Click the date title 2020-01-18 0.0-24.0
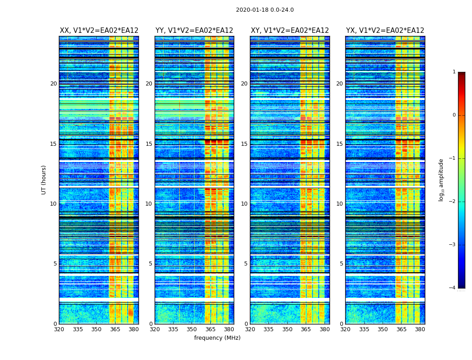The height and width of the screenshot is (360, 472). (265, 10)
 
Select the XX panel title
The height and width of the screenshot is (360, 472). (99, 31)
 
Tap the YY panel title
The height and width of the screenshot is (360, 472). (194, 31)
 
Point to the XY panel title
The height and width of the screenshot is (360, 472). (289, 31)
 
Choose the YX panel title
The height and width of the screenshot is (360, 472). (385, 31)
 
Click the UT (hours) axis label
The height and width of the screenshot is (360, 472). (44, 180)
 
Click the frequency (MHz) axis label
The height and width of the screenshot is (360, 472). (217, 338)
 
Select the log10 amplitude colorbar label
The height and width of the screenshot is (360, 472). (441, 180)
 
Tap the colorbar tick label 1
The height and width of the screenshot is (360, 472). (454, 72)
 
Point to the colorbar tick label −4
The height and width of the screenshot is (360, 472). (453, 288)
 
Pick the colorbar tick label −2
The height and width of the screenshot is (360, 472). (453, 202)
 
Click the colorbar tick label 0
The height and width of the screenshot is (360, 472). (454, 115)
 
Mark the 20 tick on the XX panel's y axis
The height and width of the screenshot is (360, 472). (53, 84)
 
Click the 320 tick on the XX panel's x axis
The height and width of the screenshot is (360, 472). (59, 329)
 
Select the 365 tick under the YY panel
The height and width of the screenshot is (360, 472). (210, 329)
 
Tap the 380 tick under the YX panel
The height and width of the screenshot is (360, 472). (420, 329)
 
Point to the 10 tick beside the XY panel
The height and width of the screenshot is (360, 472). (244, 204)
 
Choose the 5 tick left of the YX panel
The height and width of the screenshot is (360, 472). (341, 264)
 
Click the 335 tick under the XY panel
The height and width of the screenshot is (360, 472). (268, 329)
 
